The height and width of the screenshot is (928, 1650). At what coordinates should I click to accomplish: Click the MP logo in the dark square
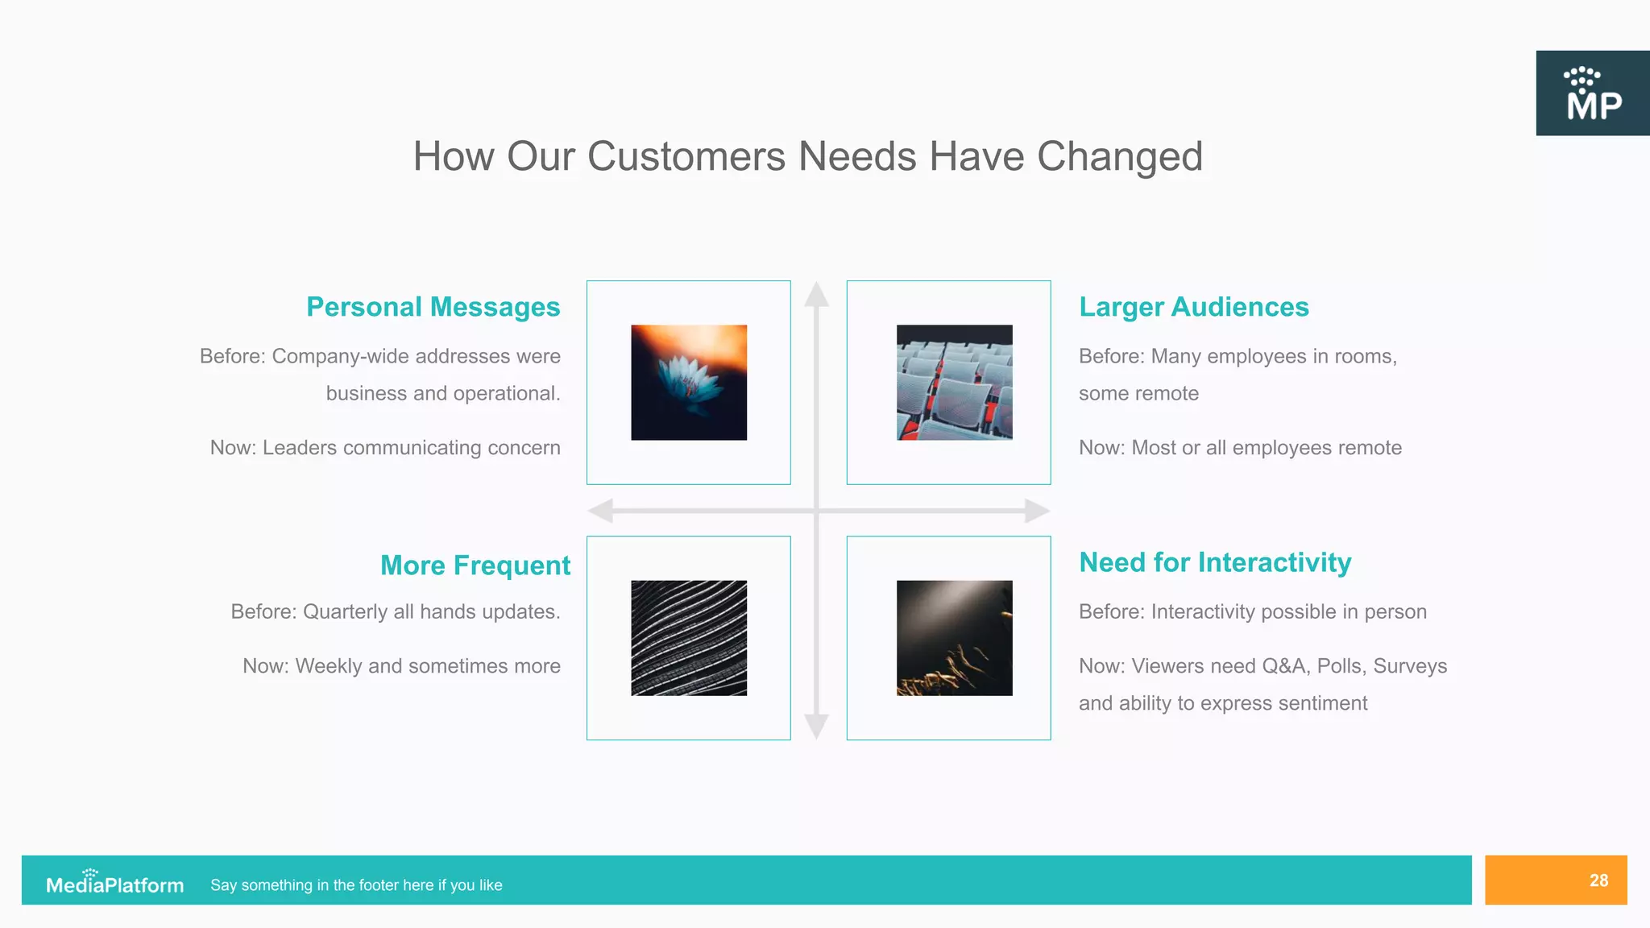coord(1593,93)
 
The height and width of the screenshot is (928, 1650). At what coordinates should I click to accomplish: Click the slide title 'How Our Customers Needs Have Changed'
coord(807,156)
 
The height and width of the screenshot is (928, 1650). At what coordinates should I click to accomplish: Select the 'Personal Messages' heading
coord(433,307)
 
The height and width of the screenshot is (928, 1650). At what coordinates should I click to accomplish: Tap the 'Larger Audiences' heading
coord(1193,307)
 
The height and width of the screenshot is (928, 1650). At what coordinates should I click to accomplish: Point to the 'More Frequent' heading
coord(475,565)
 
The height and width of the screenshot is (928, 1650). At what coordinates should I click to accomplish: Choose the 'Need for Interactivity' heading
coord(1215,562)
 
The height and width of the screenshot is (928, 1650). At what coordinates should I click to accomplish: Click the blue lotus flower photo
coord(689,383)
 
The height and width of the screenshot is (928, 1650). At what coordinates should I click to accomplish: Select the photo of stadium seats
coord(954,383)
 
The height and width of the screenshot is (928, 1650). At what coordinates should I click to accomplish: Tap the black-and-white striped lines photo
coord(689,638)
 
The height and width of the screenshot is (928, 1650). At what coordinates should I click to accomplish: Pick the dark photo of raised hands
coord(954,638)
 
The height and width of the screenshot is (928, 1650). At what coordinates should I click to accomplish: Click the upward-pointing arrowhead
coord(816,294)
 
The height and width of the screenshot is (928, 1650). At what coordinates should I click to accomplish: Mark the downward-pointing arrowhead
coord(816,726)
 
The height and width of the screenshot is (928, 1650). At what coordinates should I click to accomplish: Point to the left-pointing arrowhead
coord(601,511)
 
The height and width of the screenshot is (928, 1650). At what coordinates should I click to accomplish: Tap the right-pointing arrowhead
coord(1037,511)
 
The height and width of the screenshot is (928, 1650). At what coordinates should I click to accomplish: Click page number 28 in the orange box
coord(1598,880)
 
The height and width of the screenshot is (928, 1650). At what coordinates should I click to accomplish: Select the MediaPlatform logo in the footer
coord(114,884)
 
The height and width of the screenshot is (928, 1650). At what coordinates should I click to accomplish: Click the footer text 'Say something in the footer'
coord(356,885)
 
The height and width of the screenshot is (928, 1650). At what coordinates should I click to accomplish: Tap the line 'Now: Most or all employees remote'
coord(1240,448)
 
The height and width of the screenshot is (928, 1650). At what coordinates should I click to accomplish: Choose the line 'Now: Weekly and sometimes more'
coord(401,666)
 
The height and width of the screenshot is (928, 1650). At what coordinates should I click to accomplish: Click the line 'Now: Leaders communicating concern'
coord(385,448)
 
